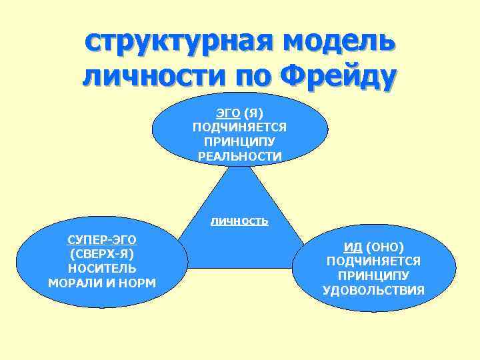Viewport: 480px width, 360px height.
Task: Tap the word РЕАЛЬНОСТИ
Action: click(240, 157)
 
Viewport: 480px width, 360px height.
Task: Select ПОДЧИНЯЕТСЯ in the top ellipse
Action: click(240, 127)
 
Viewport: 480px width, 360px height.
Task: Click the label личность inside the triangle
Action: click(239, 221)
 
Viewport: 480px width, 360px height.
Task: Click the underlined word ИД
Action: click(353, 247)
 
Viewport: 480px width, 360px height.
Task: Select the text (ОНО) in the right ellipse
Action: click(384, 247)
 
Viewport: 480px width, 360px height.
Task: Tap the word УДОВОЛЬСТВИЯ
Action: click(373, 291)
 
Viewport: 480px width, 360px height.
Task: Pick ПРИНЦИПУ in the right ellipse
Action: click(373, 276)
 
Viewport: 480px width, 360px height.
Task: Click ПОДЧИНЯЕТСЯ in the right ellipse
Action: click(373, 261)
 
